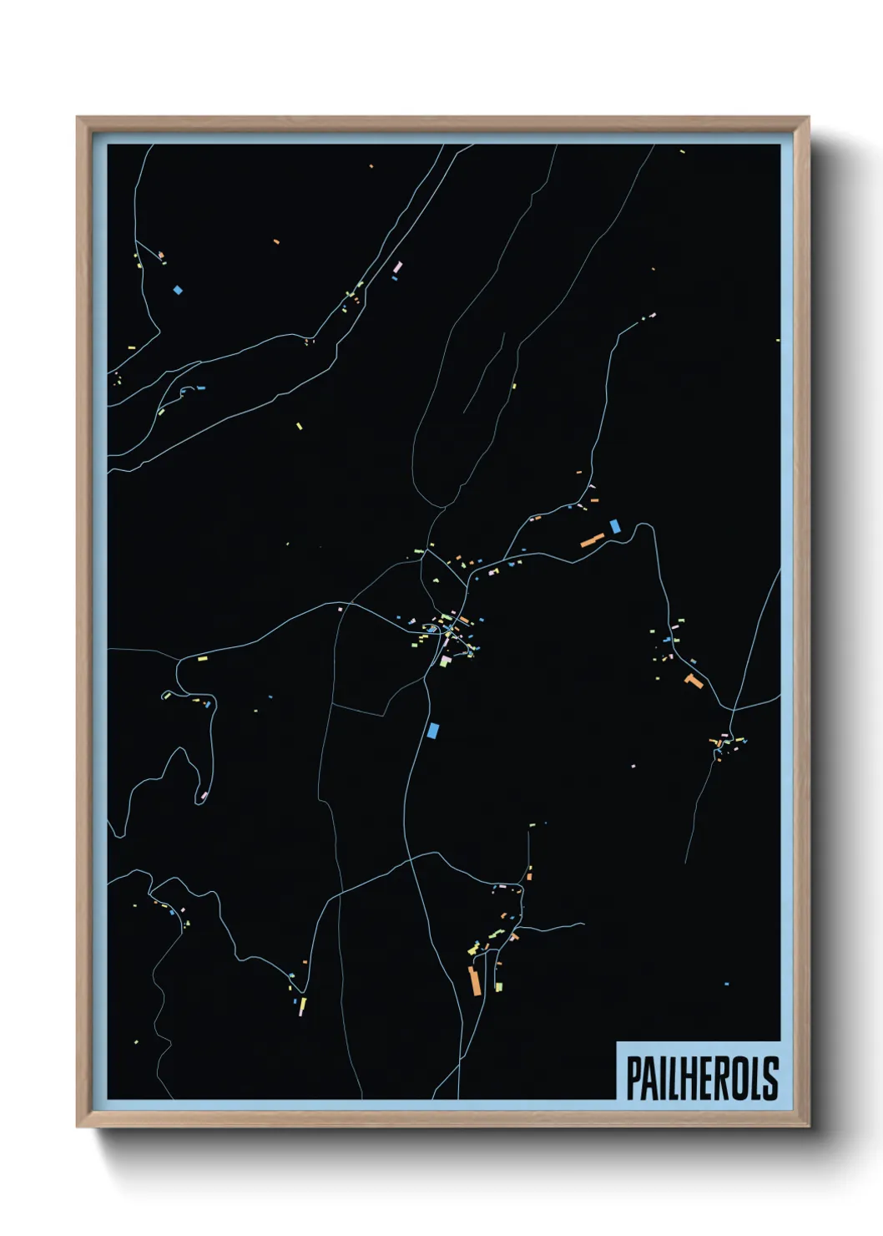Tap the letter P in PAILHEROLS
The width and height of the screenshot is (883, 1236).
click(x=632, y=1078)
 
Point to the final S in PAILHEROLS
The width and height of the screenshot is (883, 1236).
click(x=770, y=1078)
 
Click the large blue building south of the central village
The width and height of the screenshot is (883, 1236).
click(x=432, y=730)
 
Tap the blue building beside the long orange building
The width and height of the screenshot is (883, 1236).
click(x=615, y=526)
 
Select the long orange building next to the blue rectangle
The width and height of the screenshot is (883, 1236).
click(x=592, y=539)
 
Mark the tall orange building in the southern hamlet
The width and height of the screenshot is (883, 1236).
click(x=475, y=980)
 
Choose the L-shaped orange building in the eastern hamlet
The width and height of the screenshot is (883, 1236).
click(x=693, y=681)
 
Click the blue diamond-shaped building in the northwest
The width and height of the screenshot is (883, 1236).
click(x=177, y=291)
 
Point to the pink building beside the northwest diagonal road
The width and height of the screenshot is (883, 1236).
click(x=397, y=267)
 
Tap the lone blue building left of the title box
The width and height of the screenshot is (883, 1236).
click(x=726, y=985)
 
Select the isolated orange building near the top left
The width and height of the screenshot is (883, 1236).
click(x=276, y=242)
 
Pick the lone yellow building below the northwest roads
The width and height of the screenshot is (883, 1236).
click(x=299, y=426)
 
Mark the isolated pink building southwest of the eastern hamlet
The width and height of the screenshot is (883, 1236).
click(x=633, y=766)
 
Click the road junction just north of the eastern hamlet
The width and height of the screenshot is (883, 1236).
click(x=732, y=711)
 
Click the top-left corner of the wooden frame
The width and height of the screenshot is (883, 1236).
click(x=78, y=118)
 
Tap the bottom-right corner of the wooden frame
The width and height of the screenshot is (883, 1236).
click(x=809, y=1127)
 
